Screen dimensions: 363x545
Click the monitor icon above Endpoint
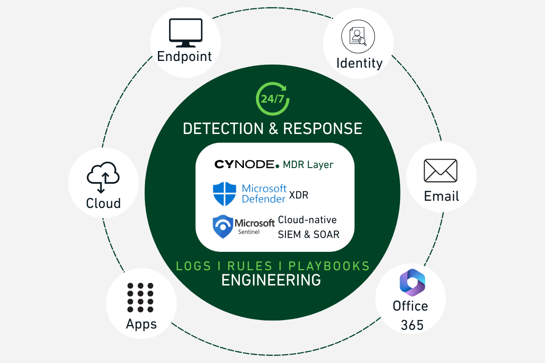coord(185,33)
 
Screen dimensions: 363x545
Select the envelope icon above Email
coord(440,171)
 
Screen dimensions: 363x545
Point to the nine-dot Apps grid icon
coord(140,297)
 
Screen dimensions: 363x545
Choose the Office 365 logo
coord(412,282)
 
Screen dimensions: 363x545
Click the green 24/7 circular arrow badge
coord(272,99)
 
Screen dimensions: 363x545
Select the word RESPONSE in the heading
coord(323,129)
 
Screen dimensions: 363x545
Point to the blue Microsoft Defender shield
coord(224,193)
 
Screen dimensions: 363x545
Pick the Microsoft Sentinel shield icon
coord(223,227)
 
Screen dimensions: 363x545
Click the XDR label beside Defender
coord(298,195)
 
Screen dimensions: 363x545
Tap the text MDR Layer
coord(308,165)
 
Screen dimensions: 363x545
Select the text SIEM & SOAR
coord(309,234)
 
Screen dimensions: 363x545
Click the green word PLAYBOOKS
coord(329,266)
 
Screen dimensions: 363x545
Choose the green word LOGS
coord(193,266)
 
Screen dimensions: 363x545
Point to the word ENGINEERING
coord(271,280)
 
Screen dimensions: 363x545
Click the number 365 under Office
coord(412,325)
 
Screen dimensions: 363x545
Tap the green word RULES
coord(250,266)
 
